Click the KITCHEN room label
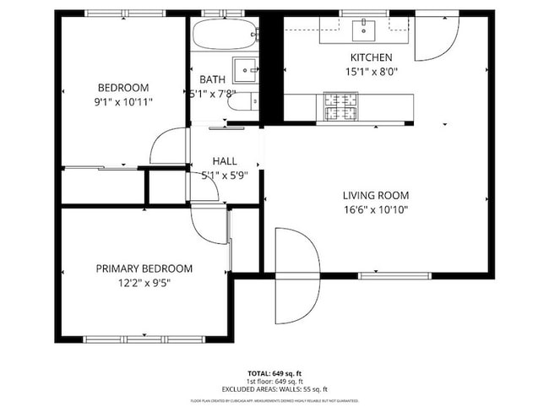tap(371, 57)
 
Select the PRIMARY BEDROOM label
tap(144, 268)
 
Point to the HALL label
tap(225, 160)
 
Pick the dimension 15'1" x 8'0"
tap(371, 72)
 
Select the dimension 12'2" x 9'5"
tap(144, 284)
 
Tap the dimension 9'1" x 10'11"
tap(123, 101)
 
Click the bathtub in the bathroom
tap(224, 35)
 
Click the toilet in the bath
tap(242, 102)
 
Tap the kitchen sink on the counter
tap(366, 30)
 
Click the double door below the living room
tap(297, 275)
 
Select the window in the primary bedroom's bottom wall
tap(144, 339)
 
